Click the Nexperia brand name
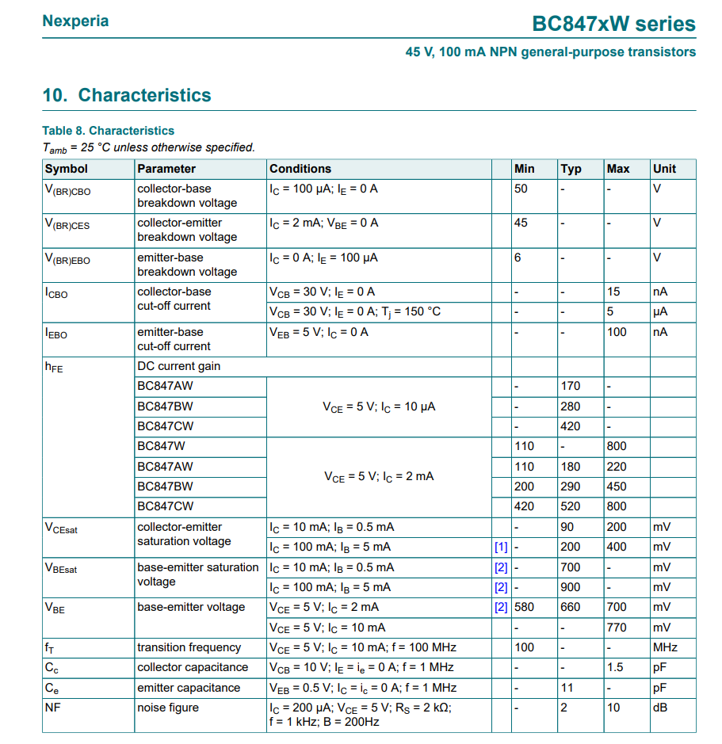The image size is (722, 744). [x=75, y=21]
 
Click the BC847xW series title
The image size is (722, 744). [x=613, y=24]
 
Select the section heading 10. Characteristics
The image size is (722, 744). [x=127, y=95]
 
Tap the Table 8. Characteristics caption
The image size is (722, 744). [x=108, y=131]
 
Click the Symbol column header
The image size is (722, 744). [x=67, y=169]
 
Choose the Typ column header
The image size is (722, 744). [x=571, y=169]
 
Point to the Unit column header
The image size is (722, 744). [x=664, y=169]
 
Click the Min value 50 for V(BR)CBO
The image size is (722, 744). [x=521, y=189]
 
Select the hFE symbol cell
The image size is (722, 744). [x=54, y=368]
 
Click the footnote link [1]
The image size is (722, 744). [x=501, y=548]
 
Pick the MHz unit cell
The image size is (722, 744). [x=665, y=647]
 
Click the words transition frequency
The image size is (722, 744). [x=189, y=647]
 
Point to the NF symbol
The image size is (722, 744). [x=52, y=708]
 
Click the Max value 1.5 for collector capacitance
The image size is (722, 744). [x=615, y=667]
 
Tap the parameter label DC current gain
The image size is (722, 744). [x=179, y=366]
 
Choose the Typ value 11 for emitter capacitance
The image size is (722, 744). [x=567, y=688]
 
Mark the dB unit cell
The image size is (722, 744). [x=660, y=708]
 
